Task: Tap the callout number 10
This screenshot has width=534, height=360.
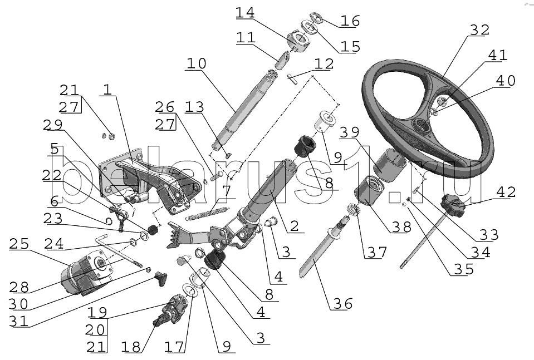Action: click(x=196, y=63)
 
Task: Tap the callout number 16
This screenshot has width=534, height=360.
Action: click(x=350, y=22)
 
